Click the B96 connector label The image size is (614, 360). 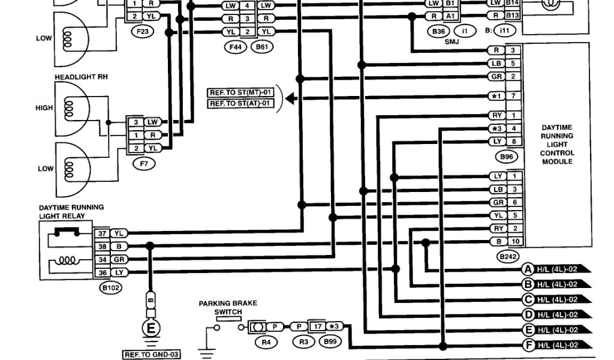click(507, 157)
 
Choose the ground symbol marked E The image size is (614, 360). click(150, 328)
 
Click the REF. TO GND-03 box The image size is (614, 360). click(152, 355)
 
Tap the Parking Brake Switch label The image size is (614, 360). click(220, 308)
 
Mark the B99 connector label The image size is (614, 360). click(327, 342)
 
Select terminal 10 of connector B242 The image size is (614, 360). click(514, 242)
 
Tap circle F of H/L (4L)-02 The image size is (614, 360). click(528, 345)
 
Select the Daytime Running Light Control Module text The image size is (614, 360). click(556, 145)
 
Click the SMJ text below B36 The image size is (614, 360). click(452, 41)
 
